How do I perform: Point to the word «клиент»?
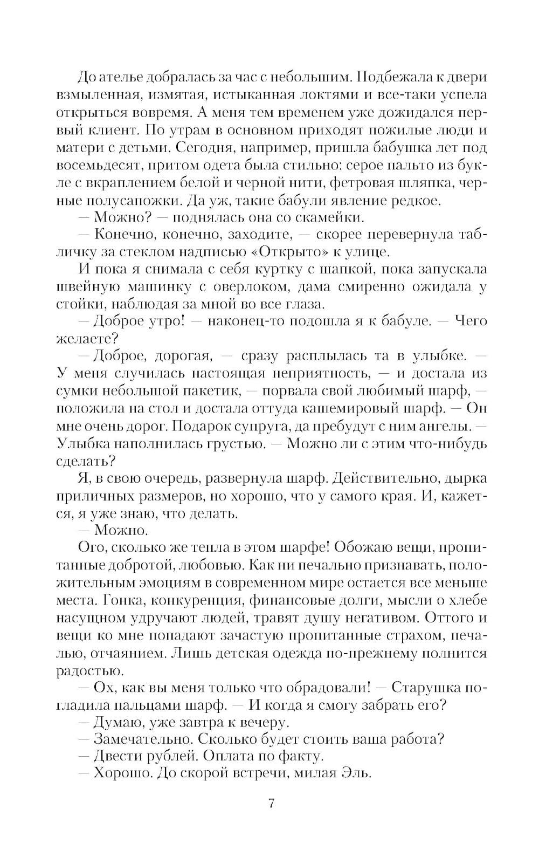(103, 130)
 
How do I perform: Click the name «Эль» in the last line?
(357, 773)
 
